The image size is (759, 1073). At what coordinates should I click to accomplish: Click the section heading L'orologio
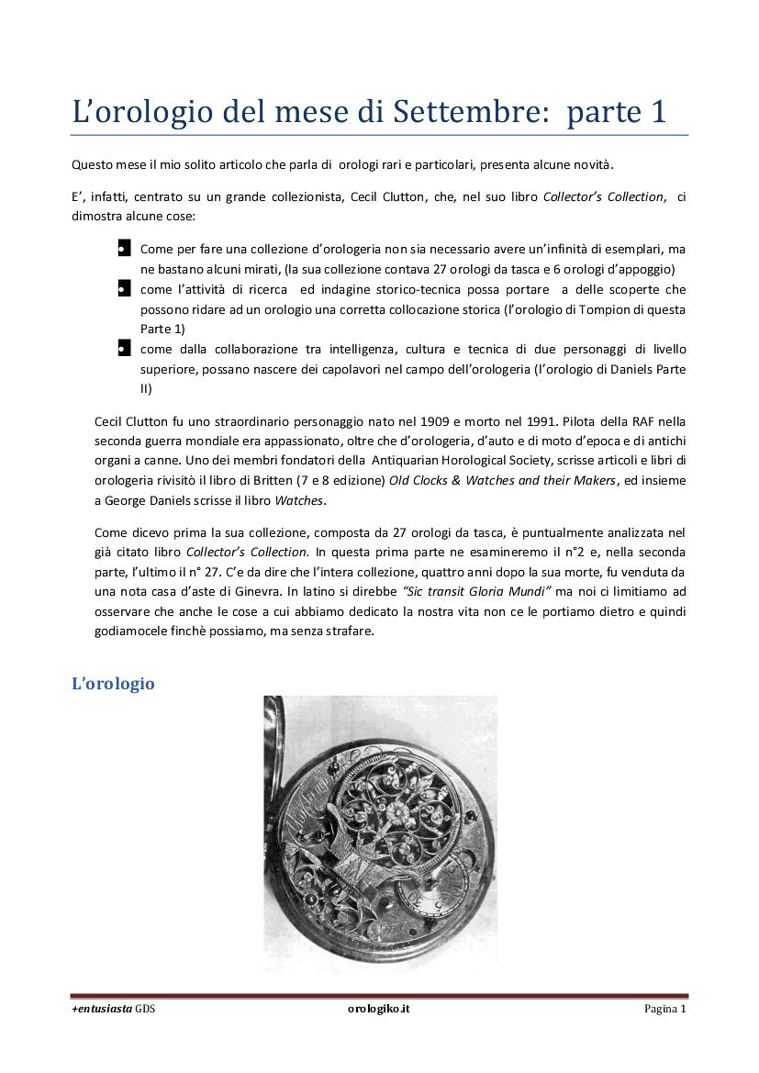point(113,684)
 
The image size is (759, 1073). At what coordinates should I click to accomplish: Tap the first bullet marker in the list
point(121,249)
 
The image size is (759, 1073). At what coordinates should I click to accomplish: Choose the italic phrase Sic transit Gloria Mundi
point(472,591)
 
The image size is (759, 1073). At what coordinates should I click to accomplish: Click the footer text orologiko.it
point(379,1009)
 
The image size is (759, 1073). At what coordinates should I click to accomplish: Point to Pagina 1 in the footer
point(665,1009)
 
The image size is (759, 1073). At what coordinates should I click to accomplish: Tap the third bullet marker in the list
point(121,349)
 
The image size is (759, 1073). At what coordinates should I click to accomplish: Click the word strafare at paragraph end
point(348,631)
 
